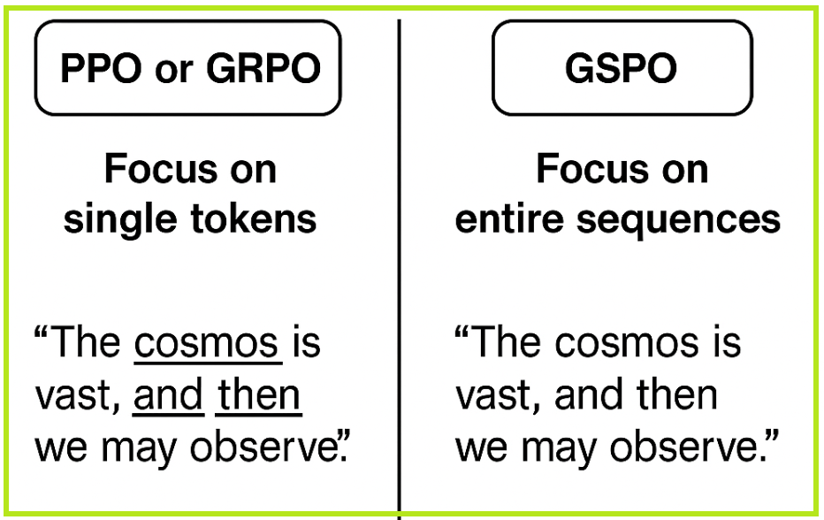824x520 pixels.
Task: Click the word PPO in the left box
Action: pos(101,68)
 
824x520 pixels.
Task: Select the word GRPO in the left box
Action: pos(263,68)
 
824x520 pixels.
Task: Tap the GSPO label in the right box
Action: pos(622,68)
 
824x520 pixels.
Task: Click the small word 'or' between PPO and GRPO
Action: pos(174,72)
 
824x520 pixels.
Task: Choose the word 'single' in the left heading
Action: pos(120,221)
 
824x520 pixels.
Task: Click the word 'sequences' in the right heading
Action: pos(678,221)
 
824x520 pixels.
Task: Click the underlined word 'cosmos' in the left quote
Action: pos(207,343)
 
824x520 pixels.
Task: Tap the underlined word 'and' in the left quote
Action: pos(168,394)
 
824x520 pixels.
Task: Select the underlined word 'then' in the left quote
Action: pos(258,394)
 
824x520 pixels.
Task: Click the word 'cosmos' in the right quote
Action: pos(627,343)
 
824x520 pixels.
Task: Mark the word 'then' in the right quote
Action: pos(677,394)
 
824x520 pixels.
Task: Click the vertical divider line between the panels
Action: pos(400,269)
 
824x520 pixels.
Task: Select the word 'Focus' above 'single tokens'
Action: pos(161,169)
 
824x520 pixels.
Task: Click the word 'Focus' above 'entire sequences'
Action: pos(592,169)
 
